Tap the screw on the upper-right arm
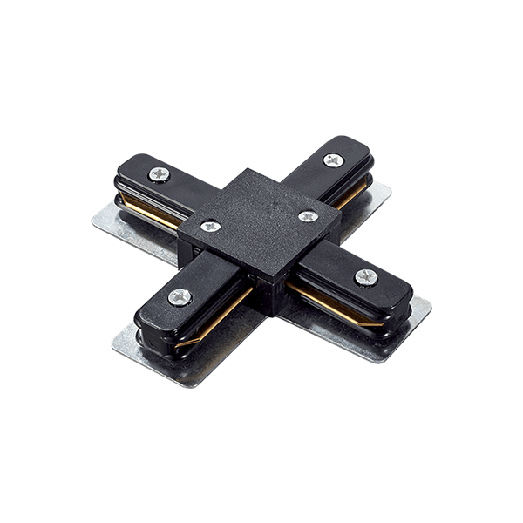[x=334, y=160]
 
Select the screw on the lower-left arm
[x=180, y=296]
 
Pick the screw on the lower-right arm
[x=364, y=277]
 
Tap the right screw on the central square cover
[x=306, y=215]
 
